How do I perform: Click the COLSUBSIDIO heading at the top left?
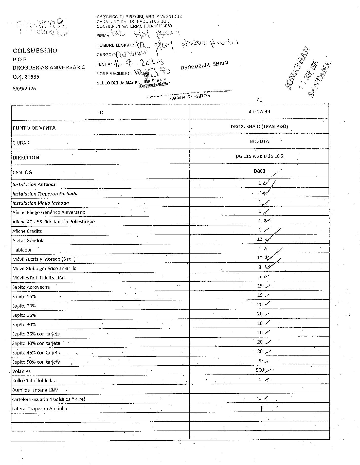35,51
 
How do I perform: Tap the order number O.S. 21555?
26,77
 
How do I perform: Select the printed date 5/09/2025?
24,89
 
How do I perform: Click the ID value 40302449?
259,112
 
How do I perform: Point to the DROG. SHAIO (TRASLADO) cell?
259,126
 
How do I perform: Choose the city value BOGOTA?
259,141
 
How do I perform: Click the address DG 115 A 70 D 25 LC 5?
259,156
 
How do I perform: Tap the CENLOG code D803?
259,171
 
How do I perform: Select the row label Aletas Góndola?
28,240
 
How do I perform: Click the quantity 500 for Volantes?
260,370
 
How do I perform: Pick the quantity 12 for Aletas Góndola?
260,239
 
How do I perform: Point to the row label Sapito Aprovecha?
31,287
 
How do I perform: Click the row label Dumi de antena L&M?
35,390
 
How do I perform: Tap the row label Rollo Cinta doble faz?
34,381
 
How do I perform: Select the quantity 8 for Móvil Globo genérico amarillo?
260,267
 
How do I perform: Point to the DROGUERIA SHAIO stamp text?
204,65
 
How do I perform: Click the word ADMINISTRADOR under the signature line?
190,97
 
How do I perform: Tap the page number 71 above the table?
259,100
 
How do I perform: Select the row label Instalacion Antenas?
34,184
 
